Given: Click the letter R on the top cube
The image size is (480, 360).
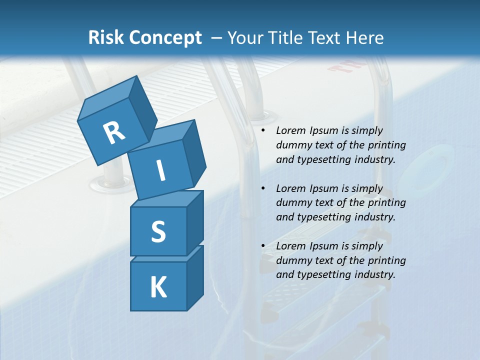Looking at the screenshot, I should pyautogui.click(x=114, y=133).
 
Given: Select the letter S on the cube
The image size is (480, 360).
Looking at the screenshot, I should pyautogui.click(x=158, y=232).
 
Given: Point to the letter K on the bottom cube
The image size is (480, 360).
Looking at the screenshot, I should pyautogui.click(x=158, y=287).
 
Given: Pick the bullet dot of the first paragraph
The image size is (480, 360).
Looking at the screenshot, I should pyautogui.click(x=263, y=131).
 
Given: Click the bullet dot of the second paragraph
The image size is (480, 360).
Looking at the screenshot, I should pyautogui.click(x=263, y=188).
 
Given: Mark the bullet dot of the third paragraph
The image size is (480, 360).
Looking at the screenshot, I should pyautogui.click(x=263, y=246).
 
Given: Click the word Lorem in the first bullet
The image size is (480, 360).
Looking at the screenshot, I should pyautogui.click(x=290, y=130).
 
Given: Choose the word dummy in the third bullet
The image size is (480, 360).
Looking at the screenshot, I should pyautogui.click(x=292, y=260).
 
